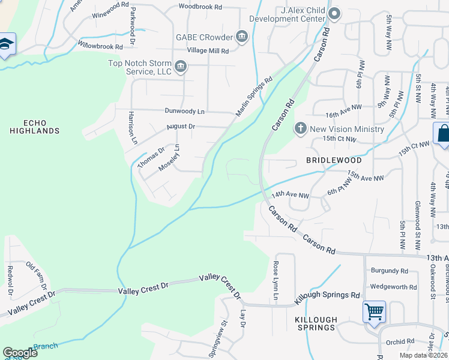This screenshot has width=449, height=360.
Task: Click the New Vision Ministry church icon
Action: point(301,128)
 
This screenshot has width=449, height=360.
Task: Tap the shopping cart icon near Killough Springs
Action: point(374,311)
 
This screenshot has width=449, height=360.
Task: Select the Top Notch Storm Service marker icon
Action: point(180,65)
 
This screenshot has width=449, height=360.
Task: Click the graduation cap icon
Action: point(6,45)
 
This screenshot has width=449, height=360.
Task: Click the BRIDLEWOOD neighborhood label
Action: point(334,161)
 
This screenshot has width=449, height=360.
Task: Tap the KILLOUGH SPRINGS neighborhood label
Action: point(316,323)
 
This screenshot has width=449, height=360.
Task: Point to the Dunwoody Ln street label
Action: point(185,111)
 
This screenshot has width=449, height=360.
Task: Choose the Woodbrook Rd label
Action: point(200,7)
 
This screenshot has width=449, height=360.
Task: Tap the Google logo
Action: point(20,352)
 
